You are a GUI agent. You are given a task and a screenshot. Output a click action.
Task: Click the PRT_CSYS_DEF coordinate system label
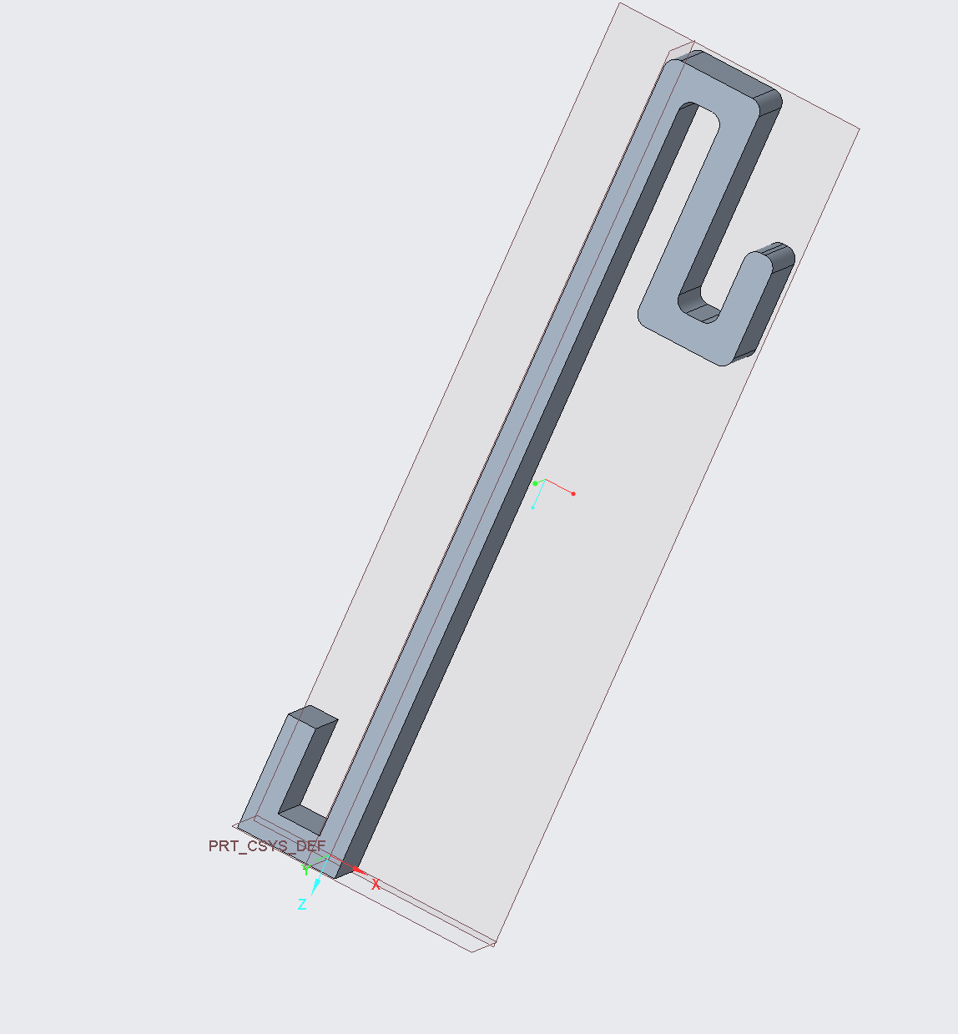pos(266,846)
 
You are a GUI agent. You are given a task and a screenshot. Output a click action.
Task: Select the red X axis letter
pos(376,885)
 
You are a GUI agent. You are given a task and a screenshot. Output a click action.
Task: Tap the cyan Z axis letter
pos(302,905)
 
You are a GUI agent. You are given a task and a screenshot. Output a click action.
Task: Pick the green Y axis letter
pos(305,870)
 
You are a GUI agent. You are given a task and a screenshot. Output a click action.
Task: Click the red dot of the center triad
pos(573,494)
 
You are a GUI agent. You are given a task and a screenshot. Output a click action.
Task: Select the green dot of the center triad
pos(535,483)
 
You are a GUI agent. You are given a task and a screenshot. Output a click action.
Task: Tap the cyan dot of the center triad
pos(532,507)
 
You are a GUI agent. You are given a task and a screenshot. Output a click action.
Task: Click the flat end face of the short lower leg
pos(313,715)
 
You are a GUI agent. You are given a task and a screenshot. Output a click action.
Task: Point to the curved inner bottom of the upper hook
pos(699,311)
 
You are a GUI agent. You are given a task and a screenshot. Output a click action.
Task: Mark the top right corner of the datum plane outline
pos(859,129)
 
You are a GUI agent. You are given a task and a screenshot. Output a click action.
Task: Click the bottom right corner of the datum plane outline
pos(495,944)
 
